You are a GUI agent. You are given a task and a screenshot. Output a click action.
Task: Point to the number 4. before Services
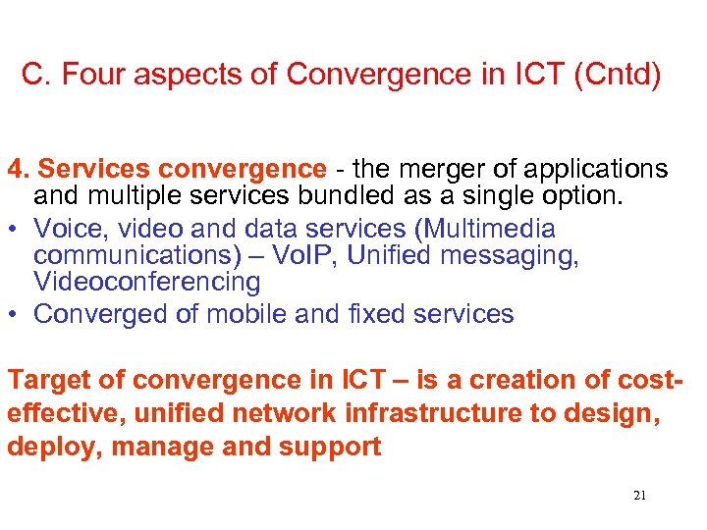(18, 169)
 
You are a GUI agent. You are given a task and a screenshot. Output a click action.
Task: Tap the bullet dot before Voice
(16, 230)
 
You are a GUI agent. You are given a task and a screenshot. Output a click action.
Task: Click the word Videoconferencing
(147, 283)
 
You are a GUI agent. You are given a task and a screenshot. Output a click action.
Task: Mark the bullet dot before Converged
(16, 315)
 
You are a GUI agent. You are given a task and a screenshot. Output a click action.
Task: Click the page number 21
(639, 496)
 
